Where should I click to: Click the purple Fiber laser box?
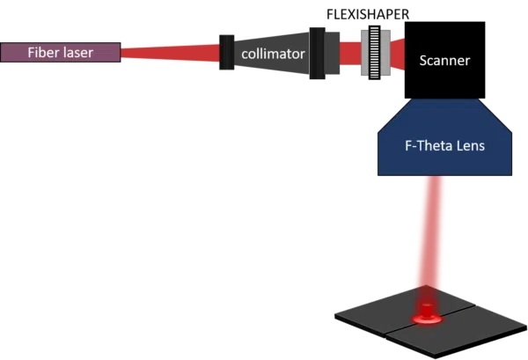click(x=61, y=52)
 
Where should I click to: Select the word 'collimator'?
click(x=274, y=55)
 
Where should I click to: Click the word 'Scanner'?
click(x=445, y=62)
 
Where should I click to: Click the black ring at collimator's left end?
click(x=227, y=54)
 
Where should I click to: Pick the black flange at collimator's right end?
click(x=317, y=53)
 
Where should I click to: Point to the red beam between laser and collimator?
click(x=167, y=54)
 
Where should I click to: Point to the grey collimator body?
click(x=273, y=66)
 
